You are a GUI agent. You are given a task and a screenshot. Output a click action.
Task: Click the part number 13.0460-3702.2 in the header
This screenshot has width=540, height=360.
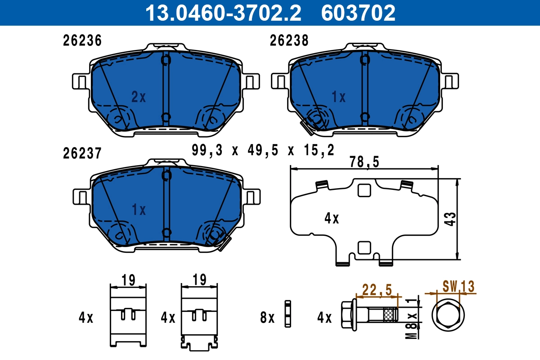click(x=222, y=13)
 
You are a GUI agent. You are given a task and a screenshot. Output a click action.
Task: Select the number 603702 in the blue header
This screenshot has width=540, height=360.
click(x=358, y=13)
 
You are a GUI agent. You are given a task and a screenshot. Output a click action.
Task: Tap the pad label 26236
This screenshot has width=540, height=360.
click(x=82, y=41)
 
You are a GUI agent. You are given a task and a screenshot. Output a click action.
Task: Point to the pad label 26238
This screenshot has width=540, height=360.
click(x=289, y=41)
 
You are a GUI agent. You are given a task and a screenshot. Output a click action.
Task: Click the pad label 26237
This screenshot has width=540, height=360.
click(x=82, y=153)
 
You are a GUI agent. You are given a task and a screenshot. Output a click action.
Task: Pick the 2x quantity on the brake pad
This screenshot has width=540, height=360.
click(x=139, y=96)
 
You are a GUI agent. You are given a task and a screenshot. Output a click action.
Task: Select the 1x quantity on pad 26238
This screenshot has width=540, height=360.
click(x=338, y=96)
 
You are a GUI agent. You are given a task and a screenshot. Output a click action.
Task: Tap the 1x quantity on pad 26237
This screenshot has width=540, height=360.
click(x=139, y=209)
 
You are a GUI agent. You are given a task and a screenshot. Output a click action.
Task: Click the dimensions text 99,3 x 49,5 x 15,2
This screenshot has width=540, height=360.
click(x=263, y=150)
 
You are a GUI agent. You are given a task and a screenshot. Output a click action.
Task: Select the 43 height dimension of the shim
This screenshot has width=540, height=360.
click(x=450, y=219)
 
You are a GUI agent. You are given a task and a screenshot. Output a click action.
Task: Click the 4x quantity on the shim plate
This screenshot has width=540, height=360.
click(x=332, y=219)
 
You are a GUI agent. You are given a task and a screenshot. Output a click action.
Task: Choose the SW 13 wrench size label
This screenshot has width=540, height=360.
click(x=458, y=286)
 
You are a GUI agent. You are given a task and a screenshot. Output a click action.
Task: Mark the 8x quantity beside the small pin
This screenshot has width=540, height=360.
click(x=267, y=318)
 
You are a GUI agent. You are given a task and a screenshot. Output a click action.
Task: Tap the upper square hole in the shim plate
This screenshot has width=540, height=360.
click(x=363, y=191)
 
